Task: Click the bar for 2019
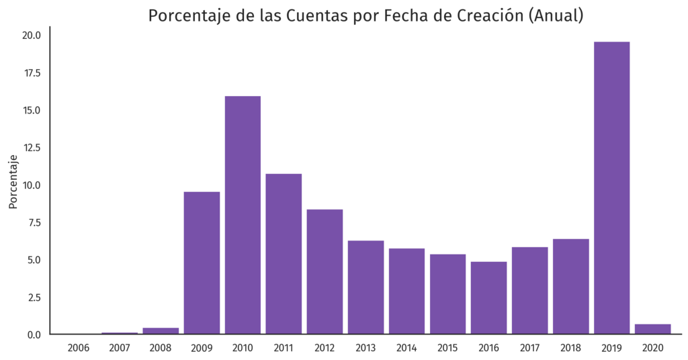click(612, 188)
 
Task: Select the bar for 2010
click(243, 215)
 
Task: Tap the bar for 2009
click(202, 263)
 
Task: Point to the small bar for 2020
click(653, 329)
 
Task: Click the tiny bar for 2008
click(161, 330)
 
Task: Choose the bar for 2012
click(325, 271)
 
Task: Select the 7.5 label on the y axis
click(35, 222)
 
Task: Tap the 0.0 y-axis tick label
click(35, 334)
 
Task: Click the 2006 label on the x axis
click(79, 348)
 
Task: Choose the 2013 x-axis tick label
click(365, 348)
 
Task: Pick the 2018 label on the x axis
click(571, 348)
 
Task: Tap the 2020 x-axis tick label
click(653, 348)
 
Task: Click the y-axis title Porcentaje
click(13, 181)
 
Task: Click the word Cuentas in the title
click(317, 16)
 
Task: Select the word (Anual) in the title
click(556, 16)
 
